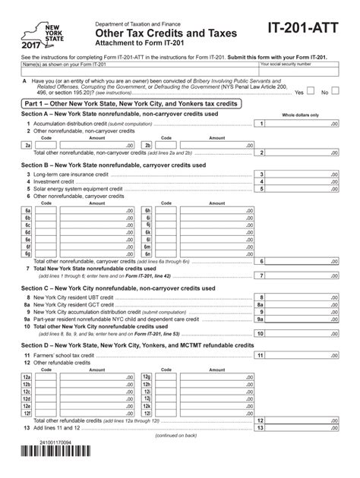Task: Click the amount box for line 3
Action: coord(304,174)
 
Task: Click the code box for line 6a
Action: coord(46,210)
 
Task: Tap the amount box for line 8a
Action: coord(304,305)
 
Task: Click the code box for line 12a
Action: coord(46,376)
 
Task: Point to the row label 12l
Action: coord(148,414)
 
